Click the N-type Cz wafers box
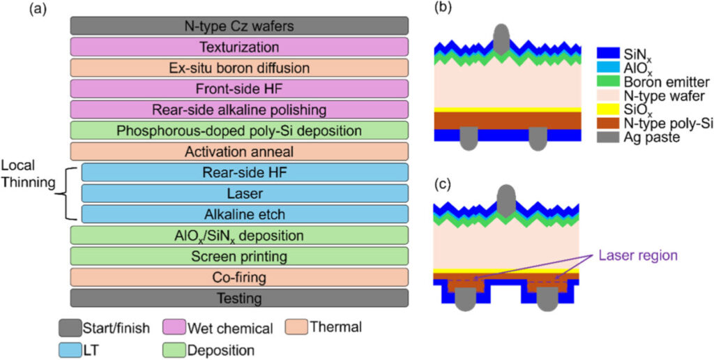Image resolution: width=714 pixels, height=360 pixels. pos(239,27)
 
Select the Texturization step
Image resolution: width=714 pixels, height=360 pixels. pos(239,47)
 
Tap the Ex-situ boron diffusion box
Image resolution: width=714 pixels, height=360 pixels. pos(239,68)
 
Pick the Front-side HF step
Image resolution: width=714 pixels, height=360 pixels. pos(239,89)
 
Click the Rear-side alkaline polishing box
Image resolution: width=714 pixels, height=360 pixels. pos(239,110)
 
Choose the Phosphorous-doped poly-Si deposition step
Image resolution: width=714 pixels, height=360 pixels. pos(239,130)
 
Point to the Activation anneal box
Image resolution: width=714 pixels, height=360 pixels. pos(239,151)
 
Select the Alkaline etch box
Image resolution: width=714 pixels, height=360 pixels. pos(244,213)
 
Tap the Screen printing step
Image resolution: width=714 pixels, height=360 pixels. pos(239,256)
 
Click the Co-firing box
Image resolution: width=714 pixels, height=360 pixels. pos(239,277)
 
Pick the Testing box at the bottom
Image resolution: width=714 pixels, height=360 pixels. pos(239,298)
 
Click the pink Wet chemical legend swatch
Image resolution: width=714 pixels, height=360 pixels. pos(176,325)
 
